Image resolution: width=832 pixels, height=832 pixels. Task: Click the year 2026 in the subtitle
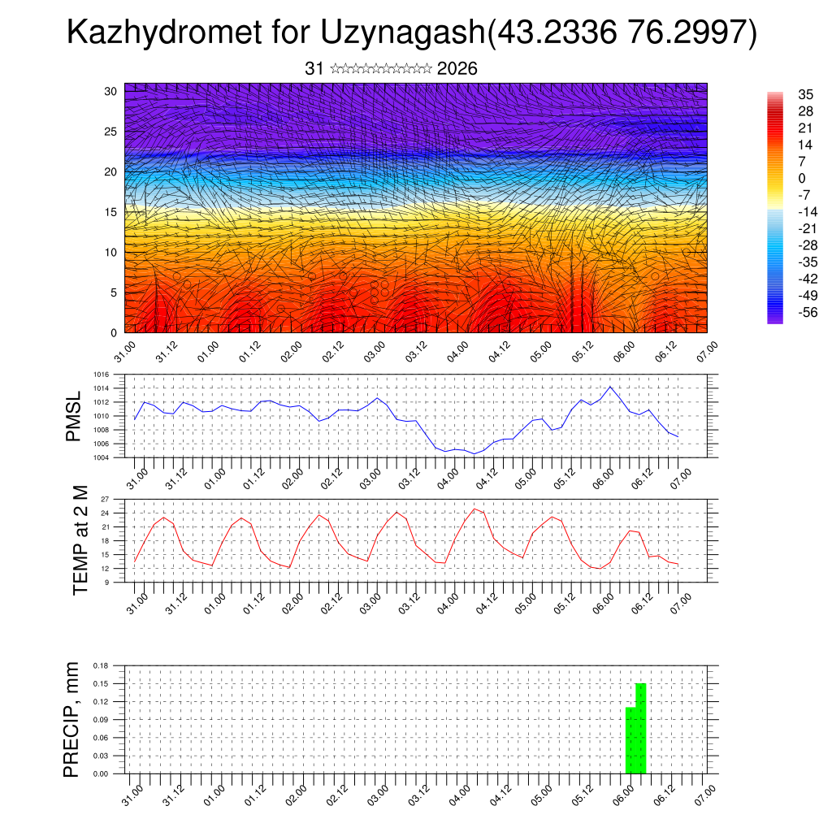pyautogui.click(x=457, y=69)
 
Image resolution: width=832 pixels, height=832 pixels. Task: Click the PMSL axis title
pyautogui.click(x=74, y=416)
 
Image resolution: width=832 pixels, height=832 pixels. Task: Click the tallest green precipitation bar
pyautogui.click(x=641, y=728)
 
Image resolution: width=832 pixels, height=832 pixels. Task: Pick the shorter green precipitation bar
pyautogui.click(x=630, y=740)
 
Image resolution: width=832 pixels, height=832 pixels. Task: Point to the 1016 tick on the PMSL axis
pyautogui.click(x=100, y=375)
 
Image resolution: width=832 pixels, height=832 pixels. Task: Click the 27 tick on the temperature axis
pyautogui.click(x=105, y=499)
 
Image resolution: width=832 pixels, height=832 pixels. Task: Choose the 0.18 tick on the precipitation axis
pyautogui.click(x=100, y=665)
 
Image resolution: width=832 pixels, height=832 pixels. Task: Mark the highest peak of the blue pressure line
pyautogui.click(x=610, y=387)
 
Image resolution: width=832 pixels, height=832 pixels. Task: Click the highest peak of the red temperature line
pyautogui.click(x=474, y=509)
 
